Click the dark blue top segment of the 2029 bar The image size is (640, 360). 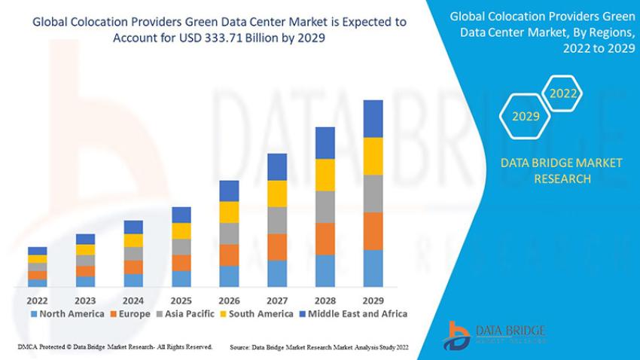pyautogui.click(x=373, y=118)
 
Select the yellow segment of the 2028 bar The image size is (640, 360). pyautogui.click(x=325, y=175)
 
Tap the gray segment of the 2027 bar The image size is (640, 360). pyautogui.click(x=277, y=220)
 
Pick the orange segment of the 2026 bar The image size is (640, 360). pyautogui.click(x=229, y=255)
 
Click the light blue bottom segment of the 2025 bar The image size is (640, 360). pyautogui.click(x=181, y=279)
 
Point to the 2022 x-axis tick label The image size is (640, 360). pyautogui.click(x=38, y=299)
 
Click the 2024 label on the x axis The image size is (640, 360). pyautogui.click(x=133, y=299)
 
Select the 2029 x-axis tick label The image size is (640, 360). pyautogui.click(x=373, y=299)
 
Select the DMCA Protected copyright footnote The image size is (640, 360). pyautogui.click(x=114, y=347)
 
